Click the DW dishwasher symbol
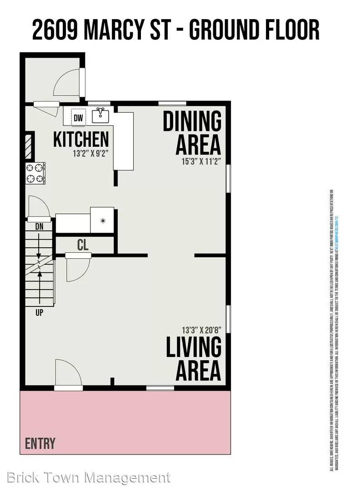(79, 118)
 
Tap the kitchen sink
(101, 116)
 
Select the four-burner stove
(35, 173)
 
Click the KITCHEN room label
(81, 140)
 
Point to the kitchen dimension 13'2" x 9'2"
(90, 154)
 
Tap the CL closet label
(83, 245)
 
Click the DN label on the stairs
(39, 225)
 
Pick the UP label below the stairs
(40, 313)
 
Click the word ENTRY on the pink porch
(40, 443)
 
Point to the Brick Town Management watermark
(89, 478)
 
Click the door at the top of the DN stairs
(39, 208)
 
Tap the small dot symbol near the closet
(103, 220)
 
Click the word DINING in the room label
(192, 121)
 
